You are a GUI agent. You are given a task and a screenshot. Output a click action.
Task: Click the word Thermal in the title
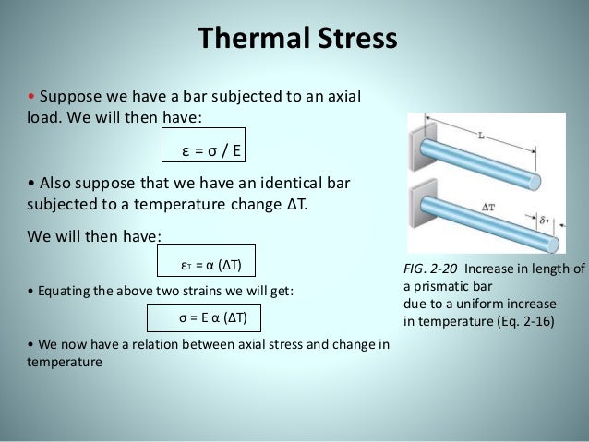coord(247,40)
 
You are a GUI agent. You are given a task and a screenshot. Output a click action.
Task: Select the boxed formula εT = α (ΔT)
coord(208,265)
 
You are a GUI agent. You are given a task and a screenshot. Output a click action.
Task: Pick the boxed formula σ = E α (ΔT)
coord(204,318)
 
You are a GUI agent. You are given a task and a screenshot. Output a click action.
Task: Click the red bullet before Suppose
coord(31,98)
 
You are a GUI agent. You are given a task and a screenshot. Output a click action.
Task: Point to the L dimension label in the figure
coord(482,136)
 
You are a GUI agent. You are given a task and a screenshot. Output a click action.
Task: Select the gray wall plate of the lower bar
coord(416,212)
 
